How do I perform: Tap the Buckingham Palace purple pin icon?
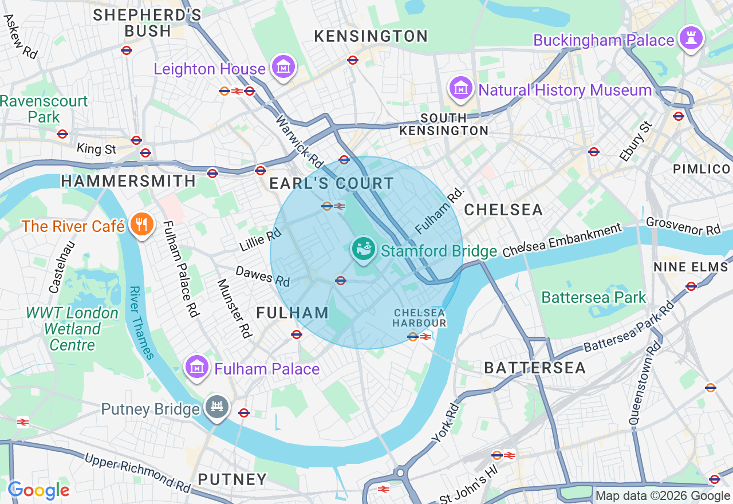[x=691, y=38]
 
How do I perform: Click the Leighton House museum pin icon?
[x=282, y=68]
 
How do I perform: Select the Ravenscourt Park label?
[x=44, y=109]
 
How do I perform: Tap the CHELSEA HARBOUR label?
[x=419, y=317]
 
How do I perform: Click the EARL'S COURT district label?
[x=332, y=184]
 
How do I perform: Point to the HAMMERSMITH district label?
[x=128, y=181]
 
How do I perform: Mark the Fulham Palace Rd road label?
[x=181, y=269]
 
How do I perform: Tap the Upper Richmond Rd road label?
[x=137, y=473]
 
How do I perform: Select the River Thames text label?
[x=140, y=322]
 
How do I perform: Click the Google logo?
[x=39, y=490]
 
